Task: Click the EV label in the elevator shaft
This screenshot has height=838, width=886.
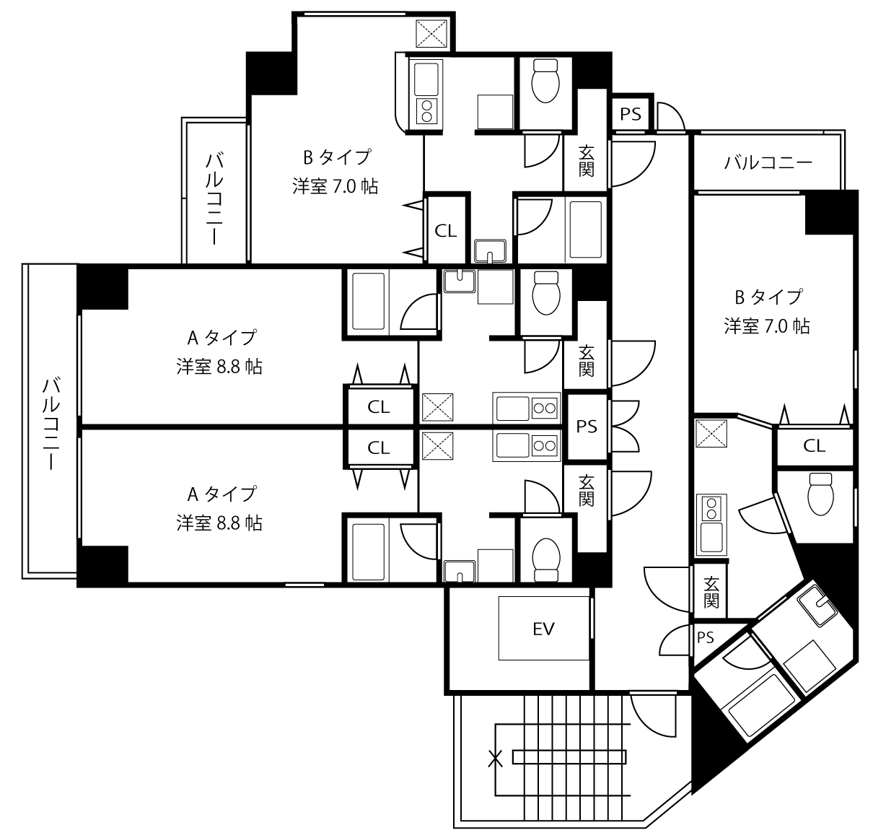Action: (543, 629)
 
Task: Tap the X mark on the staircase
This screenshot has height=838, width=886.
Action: (496, 759)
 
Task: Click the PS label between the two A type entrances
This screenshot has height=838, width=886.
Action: (587, 426)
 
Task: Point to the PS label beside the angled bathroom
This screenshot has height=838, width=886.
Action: (706, 637)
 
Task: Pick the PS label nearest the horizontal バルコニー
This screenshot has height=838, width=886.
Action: (630, 114)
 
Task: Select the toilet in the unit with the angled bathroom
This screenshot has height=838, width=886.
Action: (820, 494)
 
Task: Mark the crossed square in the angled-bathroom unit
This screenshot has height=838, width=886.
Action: (711, 433)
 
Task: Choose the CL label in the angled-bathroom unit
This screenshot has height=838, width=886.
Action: (814, 445)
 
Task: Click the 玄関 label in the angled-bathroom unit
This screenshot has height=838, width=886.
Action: (711, 592)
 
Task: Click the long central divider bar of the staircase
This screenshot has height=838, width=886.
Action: (570, 757)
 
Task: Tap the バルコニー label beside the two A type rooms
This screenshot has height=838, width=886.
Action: (51, 423)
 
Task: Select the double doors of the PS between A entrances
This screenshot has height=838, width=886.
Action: (625, 426)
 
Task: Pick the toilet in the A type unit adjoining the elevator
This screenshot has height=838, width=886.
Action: (546, 559)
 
